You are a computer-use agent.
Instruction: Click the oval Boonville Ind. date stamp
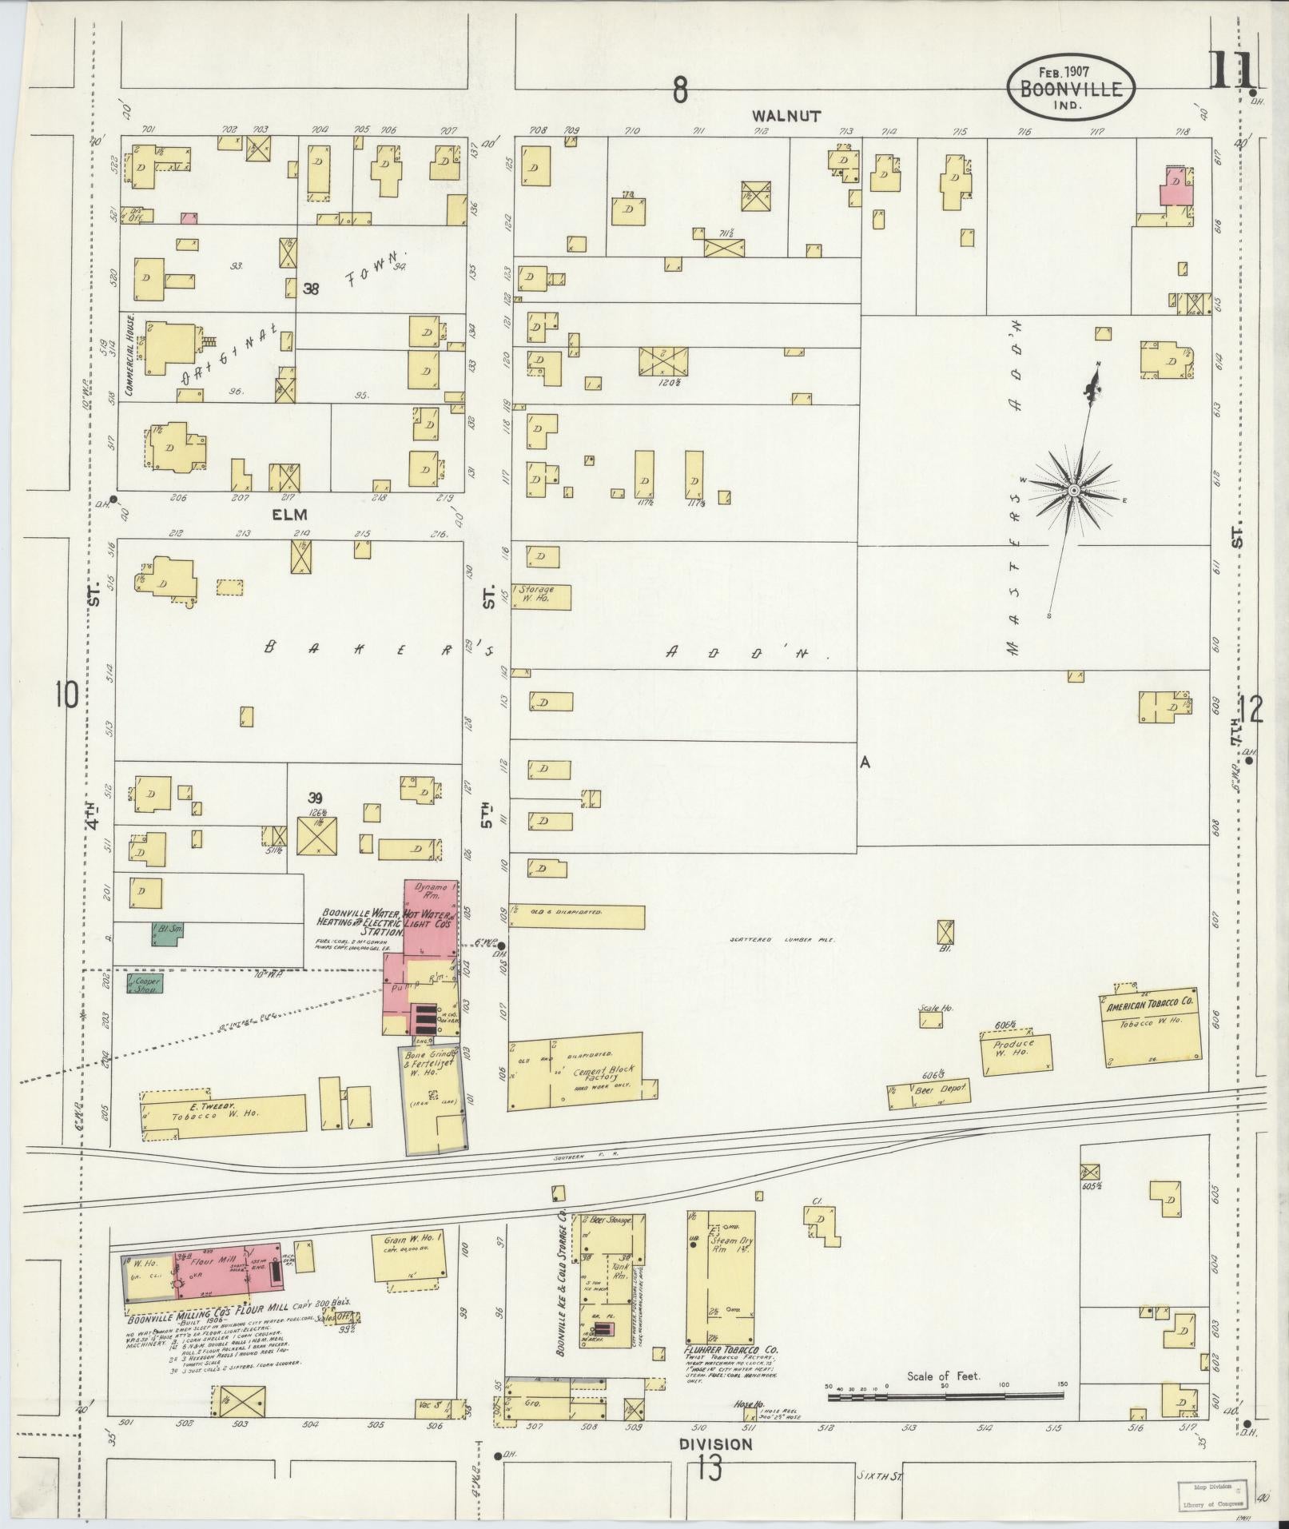1070,89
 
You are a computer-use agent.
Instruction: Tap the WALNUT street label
786,117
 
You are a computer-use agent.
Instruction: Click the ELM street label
289,515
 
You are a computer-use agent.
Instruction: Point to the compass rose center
1074,489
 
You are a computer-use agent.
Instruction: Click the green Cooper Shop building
146,982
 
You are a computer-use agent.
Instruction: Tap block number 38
311,289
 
